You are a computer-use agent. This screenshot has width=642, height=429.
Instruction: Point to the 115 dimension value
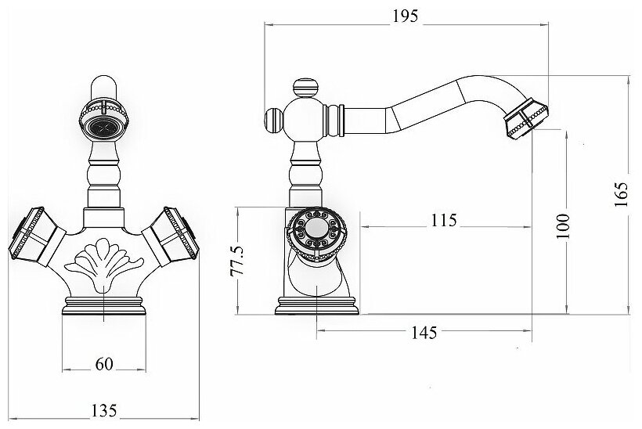[442, 221]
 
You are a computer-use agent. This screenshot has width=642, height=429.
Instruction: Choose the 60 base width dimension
[104, 363]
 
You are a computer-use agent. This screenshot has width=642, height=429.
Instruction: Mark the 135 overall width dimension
[104, 410]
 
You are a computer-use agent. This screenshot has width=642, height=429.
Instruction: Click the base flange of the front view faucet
[104, 306]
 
